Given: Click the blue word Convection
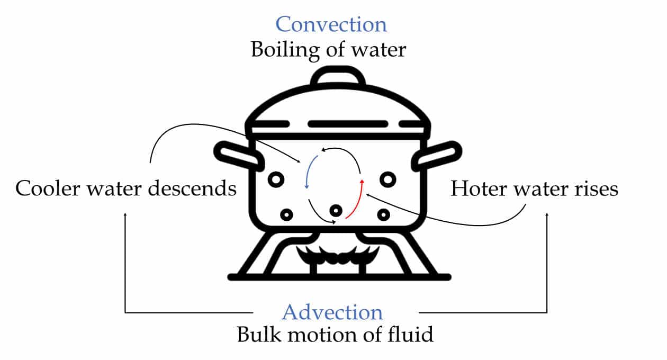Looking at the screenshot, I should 331,24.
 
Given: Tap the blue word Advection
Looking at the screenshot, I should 332,312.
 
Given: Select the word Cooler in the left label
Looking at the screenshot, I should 44,188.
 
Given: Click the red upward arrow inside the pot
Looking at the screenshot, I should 356,199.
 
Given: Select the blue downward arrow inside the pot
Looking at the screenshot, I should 309,172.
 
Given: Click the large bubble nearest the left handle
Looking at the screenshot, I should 276,180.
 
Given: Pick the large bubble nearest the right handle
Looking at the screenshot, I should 388,179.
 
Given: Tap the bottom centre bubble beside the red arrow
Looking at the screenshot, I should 335,211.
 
